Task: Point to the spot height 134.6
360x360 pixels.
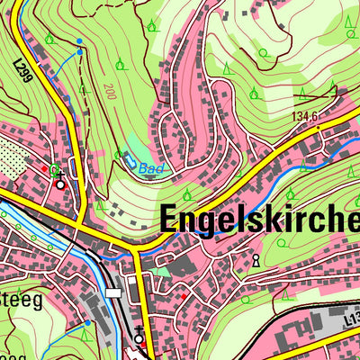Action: (x=305, y=114)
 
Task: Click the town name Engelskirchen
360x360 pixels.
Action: (x=261, y=219)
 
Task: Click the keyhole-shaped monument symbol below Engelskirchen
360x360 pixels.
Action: (x=256, y=261)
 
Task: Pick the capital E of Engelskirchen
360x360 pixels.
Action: (x=172, y=219)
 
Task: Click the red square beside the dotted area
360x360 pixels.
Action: (x=44, y=167)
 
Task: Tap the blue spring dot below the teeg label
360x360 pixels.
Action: (x=88, y=321)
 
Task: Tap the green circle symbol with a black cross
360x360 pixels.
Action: (x=55, y=168)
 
